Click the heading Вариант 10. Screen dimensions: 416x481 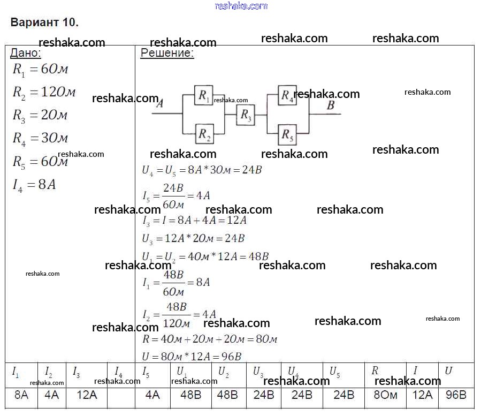45,22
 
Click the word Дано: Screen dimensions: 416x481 26,53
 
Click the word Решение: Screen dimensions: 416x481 167,53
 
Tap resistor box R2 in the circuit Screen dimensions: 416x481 204,134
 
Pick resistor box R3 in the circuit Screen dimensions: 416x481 245,114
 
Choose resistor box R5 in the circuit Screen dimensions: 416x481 287,134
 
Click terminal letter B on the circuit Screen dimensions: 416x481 331,105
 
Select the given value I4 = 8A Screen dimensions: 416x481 34,185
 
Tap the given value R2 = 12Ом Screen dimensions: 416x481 44,92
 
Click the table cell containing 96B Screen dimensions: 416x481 455,395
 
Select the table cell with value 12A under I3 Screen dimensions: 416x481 87,395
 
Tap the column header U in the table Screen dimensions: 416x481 448,370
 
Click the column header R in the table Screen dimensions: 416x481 375,370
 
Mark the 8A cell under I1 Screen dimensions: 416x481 21,395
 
